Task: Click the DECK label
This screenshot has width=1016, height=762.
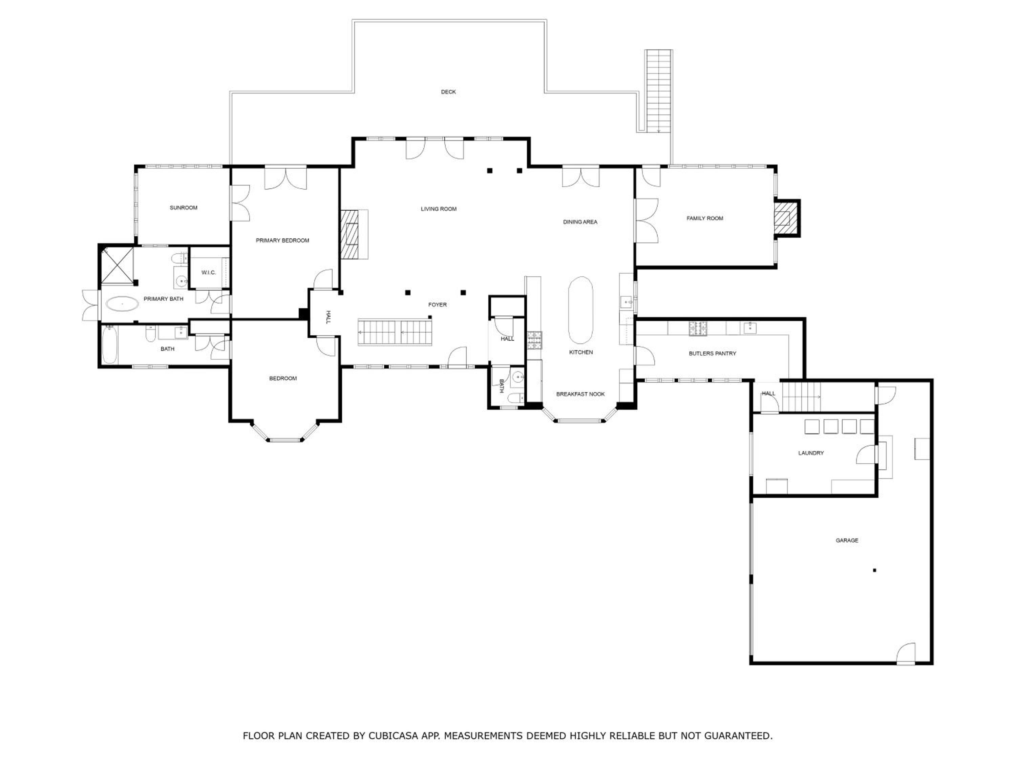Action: click(x=448, y=92)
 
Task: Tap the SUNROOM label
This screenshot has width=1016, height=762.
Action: click(x=184, y=208)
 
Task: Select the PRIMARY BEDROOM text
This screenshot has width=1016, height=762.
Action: click(x=282, y=240)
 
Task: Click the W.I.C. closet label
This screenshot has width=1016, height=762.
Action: click(x=209, y=272)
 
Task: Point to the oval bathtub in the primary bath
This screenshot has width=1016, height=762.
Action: click(x=122, y=304)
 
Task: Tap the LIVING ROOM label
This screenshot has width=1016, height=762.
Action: click(x=439, y=209)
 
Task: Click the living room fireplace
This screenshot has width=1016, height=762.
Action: click(x=354, y=234)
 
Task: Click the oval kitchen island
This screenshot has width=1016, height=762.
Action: click(x=580, y=310)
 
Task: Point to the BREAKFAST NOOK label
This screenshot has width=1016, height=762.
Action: click(x=580, y=394)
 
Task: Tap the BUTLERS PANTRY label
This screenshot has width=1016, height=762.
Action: click(x=713, y=353)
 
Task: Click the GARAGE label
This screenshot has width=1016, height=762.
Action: click(x=847, y=541)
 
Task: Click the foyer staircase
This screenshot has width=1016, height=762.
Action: click(x=395, y=332)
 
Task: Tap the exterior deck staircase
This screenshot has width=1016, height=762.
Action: click(x=659, y=91)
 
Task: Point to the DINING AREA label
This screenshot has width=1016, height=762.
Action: click(x=580, y=222)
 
